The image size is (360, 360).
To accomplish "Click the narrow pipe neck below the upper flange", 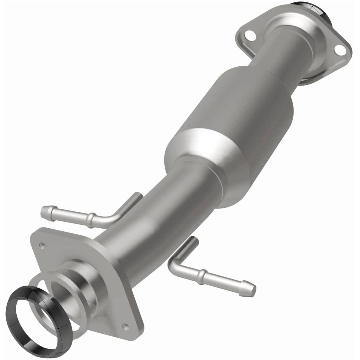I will tap(282, 47).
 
